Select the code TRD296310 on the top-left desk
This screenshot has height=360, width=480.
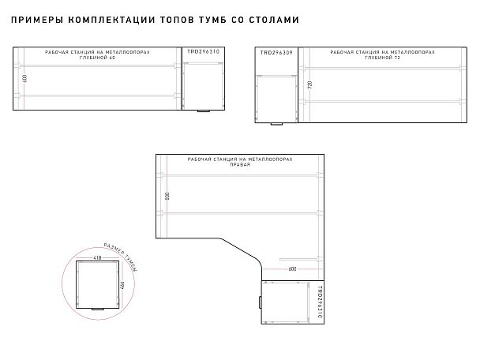coord(203,51)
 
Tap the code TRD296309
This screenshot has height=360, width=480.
coord(276,52)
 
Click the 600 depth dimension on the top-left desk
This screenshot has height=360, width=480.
coord(25,78)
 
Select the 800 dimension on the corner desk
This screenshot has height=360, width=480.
coord(167,195)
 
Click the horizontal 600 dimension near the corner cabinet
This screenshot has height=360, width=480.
coord(292,268)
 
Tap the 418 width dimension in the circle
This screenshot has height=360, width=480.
coord(97,257)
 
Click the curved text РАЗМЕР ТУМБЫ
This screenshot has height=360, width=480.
coord(120,257)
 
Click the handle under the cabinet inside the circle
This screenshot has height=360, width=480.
coord(98,309)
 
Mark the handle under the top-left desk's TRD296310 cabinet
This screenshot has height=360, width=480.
coord(204,111)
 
